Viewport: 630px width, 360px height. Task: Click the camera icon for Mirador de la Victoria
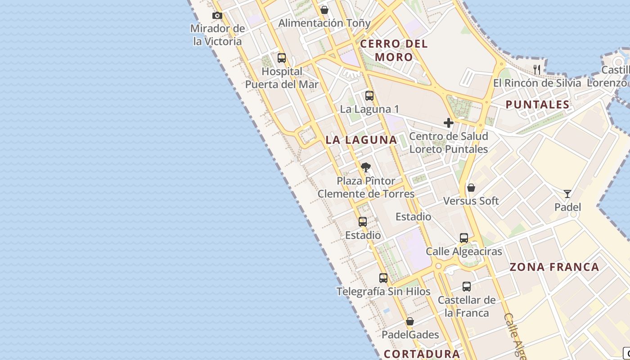tap(217, 16)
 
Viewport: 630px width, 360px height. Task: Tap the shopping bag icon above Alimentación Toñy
tap(324, 10)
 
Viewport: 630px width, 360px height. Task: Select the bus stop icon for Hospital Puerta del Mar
tap(282, 58)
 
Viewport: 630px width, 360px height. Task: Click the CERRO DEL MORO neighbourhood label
tap(394, 50)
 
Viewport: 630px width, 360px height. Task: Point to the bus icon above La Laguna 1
tap(369, 96)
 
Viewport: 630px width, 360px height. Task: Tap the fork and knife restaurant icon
tap(537, 69)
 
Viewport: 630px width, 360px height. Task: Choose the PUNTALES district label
tap(538, 105)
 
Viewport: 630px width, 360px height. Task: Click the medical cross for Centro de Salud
tap(448, 123)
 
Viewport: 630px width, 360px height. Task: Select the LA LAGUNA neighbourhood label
tap(361, 140)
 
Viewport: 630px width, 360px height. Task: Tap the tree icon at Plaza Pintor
tap(366, 168)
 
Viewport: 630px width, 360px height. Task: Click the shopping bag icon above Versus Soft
tap(471, 188)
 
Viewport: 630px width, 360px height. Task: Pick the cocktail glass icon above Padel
tap(567, 194)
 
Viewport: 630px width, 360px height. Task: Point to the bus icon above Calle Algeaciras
tap(464, 238)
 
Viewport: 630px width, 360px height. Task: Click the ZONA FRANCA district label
tap(554, 267)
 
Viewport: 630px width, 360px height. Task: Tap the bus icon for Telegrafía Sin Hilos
tap(383, 278)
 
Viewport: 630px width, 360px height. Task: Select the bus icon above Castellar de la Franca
tap(467, 287)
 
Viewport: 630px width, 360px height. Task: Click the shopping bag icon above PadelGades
tap(410, 321)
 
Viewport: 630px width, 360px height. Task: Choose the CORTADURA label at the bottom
tap(422, 354)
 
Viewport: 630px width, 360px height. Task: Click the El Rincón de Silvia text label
tap(537, 83)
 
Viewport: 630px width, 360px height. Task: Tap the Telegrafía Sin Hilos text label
tap(383, 292)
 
